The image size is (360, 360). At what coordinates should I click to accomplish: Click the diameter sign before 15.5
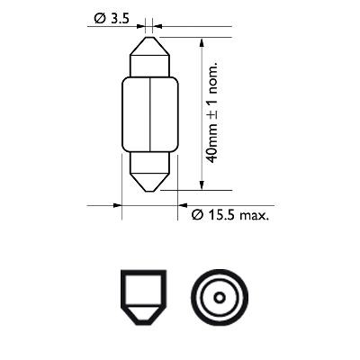pos(197,216)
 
